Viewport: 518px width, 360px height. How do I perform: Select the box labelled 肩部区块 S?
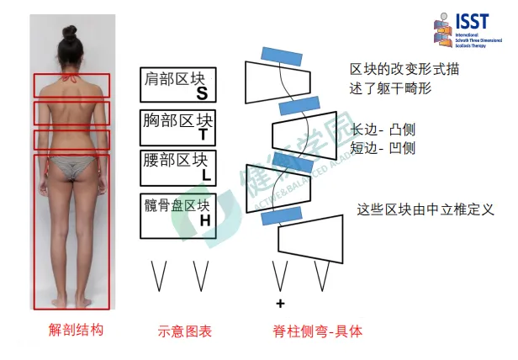click(x=178, y=84)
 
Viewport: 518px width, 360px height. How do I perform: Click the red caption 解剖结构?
click(x=76, y=331)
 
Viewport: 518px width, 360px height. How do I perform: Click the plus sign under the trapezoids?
click(x=280, y=303)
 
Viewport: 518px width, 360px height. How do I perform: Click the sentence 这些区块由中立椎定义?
click(x=411, y=209)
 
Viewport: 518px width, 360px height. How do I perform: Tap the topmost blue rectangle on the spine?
click(x=281, y=53)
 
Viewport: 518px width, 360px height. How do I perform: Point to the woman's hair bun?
click(x=69, y=32)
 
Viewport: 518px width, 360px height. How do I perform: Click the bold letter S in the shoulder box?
click(x=202, y=93)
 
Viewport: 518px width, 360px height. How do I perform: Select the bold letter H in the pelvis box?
click(x=204, y=220)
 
